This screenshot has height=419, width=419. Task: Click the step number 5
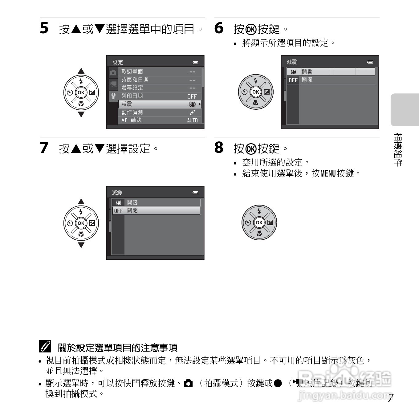[x=44, y=28]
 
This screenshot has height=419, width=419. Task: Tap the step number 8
[x=219, y=148]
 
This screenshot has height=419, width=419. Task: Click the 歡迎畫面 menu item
[x=132, y=71]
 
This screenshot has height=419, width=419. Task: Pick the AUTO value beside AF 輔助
[x=192, y=120]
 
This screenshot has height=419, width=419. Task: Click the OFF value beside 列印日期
[x=192, y=96]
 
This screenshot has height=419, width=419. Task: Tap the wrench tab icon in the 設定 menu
[x=113, y=96]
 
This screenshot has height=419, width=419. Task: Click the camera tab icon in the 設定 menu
[x=113, y=73]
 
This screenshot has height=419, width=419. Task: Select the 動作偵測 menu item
[x=132, y=112]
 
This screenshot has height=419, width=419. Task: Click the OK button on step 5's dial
[x=81, y=92]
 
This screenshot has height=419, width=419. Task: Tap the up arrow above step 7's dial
[x=81, y=201]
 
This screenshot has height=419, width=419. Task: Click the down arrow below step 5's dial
[x=81, y=115]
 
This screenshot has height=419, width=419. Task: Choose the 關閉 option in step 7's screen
[x=132, y=210]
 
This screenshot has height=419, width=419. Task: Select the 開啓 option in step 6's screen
[x=307, y=72]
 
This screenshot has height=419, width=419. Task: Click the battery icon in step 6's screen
[x=370, y=62]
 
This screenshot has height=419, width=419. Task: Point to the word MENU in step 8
[x=328, y=173]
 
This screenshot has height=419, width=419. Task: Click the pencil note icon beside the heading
[x=45, y=347]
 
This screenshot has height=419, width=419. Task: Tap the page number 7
[x=390, y=398]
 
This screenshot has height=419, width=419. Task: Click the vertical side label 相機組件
[x=398, y=150]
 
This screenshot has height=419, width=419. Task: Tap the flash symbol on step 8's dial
[x=259, y=211]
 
